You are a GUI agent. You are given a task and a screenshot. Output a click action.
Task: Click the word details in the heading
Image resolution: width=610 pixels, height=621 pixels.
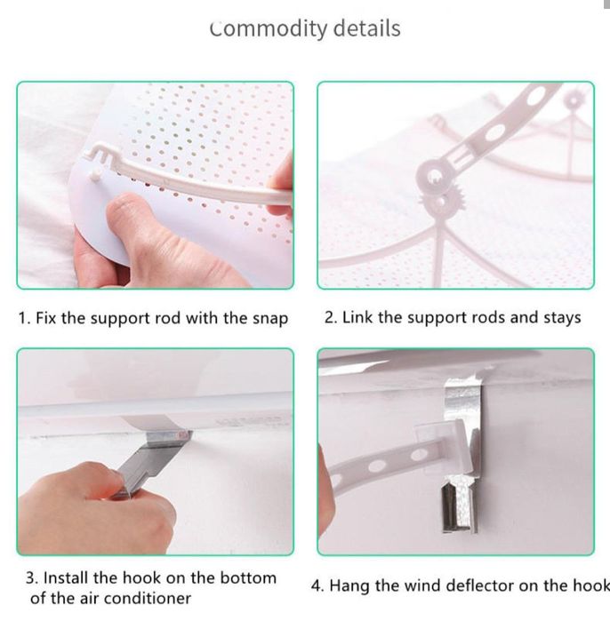pos(366,28)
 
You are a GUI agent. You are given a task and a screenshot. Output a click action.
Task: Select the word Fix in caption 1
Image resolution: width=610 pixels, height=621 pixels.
pos(46,318)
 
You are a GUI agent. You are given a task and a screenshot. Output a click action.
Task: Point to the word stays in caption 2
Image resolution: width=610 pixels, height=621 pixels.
pos(562,318)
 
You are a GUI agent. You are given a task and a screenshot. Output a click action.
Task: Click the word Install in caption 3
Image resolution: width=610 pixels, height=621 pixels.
pos(66,577)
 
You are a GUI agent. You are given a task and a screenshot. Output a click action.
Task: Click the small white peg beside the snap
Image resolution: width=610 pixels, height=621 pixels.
pos(95,175)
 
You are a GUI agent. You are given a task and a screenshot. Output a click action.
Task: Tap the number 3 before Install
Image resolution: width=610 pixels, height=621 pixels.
pos(31,578)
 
